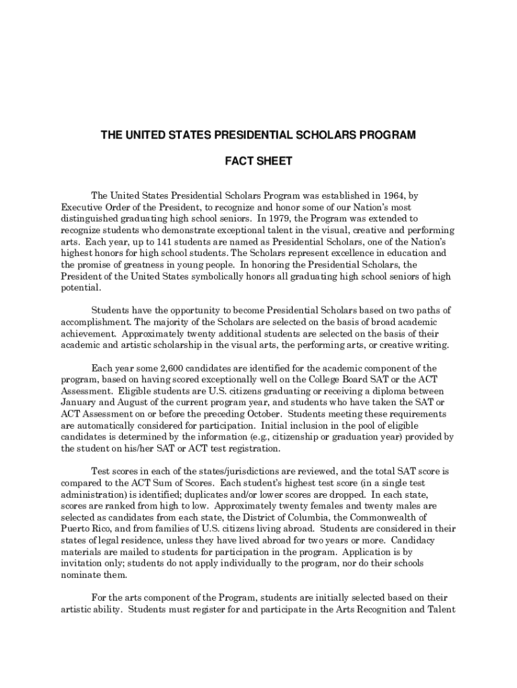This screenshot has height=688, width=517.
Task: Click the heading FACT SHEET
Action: coord(258,162)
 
